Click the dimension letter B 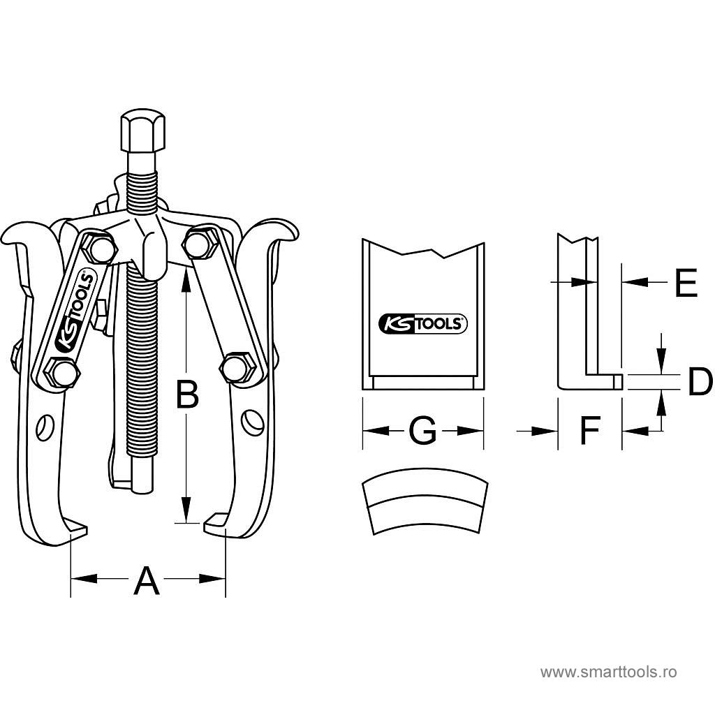coord(186,396)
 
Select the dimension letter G coord(422,431)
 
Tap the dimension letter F coord(590,431)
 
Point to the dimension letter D coord(699,382)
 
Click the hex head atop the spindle coord(145,131)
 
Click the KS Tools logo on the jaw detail coord(422,323)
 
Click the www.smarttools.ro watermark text coord(609,672)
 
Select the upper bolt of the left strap coord(100,249)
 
